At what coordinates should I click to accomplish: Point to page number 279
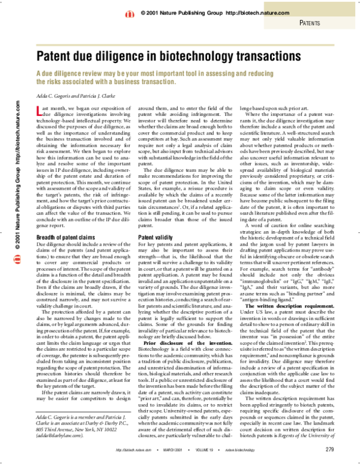(330, 449)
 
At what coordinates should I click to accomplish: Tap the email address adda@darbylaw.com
(56, 429)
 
